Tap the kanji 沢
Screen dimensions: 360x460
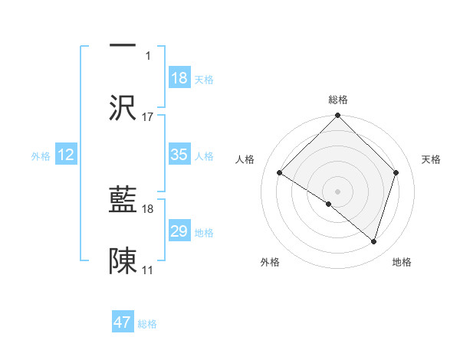pos(123,108)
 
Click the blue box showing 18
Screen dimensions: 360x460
pos(179,78)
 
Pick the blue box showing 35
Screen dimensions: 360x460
pos(179,155)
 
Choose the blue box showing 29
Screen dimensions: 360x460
pos(179,231)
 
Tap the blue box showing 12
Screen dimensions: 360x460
pos(66,155)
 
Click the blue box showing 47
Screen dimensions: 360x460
pos(123,322)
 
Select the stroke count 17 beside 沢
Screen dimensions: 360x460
pos(148,117)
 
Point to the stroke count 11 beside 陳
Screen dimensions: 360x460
pos(148,270)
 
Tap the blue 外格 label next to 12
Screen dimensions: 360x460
pos(41,155)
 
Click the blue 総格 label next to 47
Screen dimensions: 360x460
pos(147,324)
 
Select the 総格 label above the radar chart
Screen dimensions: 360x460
pos(337,100)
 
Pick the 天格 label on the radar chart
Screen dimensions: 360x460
pos(432,159)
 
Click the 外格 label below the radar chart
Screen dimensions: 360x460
pos(270,263)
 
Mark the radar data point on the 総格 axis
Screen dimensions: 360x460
pos(337,116)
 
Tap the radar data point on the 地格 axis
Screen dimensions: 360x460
pos(374,242)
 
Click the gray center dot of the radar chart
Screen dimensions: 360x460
pos(337,191)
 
